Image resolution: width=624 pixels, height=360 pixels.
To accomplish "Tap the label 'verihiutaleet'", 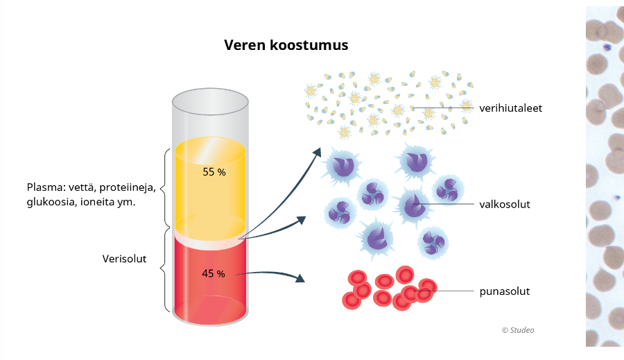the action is (510, 108).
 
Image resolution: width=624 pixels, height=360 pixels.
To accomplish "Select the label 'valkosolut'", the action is (504, 204).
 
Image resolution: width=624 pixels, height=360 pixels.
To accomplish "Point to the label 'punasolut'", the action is (504, 291).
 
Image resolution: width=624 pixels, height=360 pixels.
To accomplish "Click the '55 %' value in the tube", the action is (214, 172).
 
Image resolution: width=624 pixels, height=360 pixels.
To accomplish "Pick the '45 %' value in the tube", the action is (213, 274).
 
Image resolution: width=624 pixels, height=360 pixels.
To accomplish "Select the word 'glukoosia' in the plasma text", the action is (49, 203).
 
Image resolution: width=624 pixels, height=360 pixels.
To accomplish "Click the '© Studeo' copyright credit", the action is (518, 330).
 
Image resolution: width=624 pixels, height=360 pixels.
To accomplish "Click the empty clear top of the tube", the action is (210, 118).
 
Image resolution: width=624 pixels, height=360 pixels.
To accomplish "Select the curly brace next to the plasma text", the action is (166, 187).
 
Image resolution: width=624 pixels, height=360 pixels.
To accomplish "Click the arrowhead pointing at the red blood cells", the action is (300, 279).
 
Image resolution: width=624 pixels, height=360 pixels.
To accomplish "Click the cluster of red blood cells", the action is (388, 288).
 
